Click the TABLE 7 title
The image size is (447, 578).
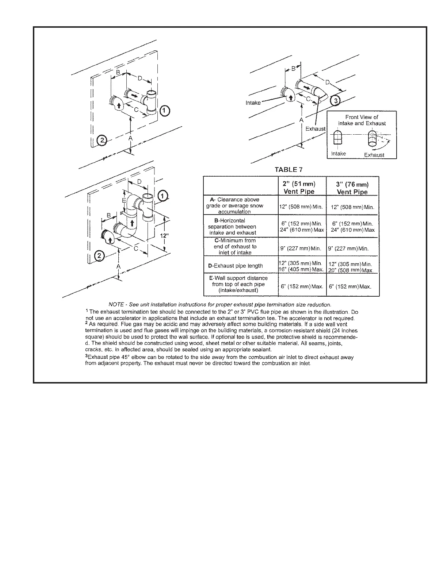coord(289,170)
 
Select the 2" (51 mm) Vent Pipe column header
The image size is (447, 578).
coord(299,188)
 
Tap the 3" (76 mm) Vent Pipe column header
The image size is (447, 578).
coord(352,188)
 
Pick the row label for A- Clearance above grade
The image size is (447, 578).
coord(234,205)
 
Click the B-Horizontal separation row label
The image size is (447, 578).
coord(233,227)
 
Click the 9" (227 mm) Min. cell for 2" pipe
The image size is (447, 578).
coord(301,248)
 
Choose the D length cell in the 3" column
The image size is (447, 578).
coord(351,267)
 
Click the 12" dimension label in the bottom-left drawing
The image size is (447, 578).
coord(164,235)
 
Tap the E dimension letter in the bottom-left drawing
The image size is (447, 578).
coord(124,201)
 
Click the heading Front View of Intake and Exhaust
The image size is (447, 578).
coord(362,120)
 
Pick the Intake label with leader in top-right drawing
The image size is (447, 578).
coord(253,103)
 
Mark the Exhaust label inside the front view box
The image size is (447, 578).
coord(374,155)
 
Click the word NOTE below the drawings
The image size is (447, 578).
coord(116,305)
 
